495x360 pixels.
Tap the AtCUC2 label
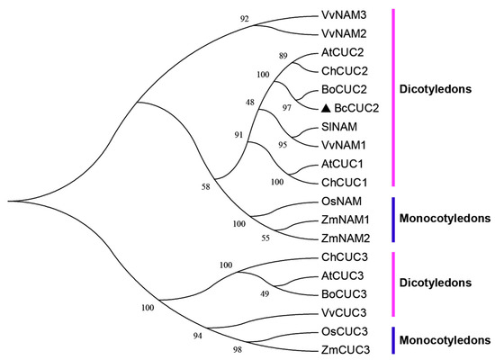[x=342, y=54]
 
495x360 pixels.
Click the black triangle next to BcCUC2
[x=326, y=107]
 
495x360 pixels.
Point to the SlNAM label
[x=338, y=125]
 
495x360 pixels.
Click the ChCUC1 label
[x=342, y=179]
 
